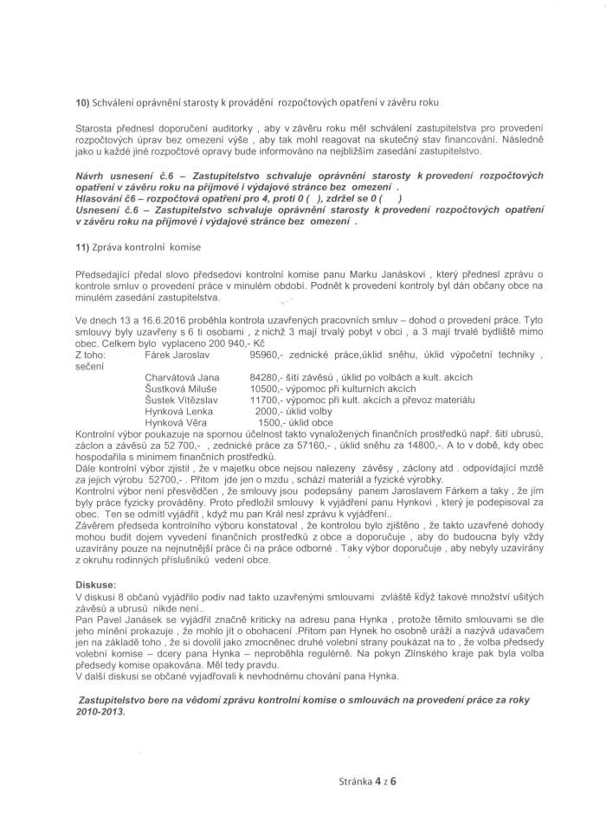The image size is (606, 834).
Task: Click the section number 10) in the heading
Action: pos(83,102)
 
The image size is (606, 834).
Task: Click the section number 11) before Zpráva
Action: pos(83,247)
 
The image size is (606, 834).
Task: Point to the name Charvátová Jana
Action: pos(182,378)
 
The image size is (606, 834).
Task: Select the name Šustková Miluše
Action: pos(177,389)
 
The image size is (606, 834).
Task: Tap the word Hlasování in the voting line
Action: pos(105,197)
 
